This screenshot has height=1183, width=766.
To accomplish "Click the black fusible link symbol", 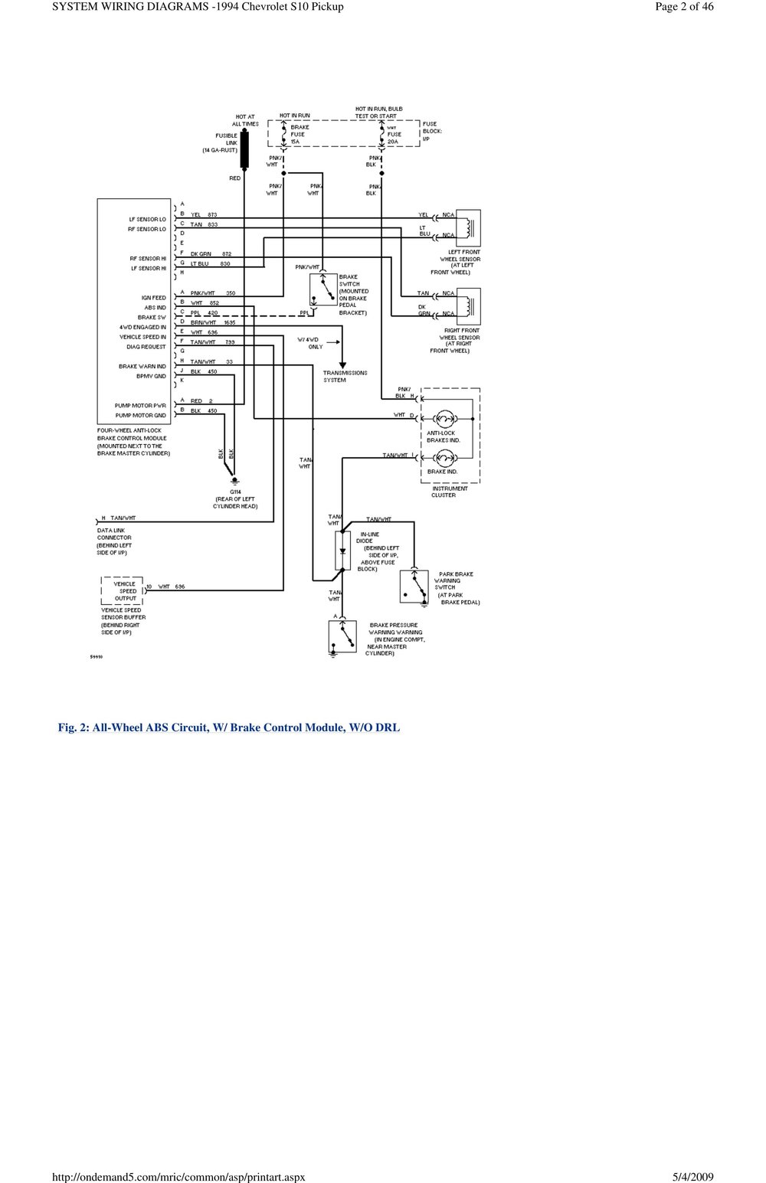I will click(245, 149).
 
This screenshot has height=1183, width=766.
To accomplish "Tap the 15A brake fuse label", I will click(296, 142).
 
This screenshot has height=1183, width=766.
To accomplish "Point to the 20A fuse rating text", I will click(393, 142).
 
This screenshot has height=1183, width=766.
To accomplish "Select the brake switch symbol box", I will click(323, 289).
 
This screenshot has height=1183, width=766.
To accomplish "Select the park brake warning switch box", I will click(414, 586).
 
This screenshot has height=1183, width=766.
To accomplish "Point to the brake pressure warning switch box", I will click(342, 636).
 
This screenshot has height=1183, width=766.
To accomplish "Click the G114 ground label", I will click(235, 492).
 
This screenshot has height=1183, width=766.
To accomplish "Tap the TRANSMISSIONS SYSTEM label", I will click(345, 377).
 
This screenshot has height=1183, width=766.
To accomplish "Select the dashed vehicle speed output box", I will click(123, 591).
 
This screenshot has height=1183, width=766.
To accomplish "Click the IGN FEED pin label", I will click(153, 298).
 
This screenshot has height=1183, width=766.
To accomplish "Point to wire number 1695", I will click(229, 323).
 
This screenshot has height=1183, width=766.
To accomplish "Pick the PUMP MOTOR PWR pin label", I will click(140, 405).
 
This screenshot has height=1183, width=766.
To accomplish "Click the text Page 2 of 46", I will click(684, 7).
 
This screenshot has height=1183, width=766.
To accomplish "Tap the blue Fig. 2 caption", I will click(229, 727).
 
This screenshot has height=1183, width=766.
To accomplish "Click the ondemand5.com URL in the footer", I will click(178, 1177).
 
